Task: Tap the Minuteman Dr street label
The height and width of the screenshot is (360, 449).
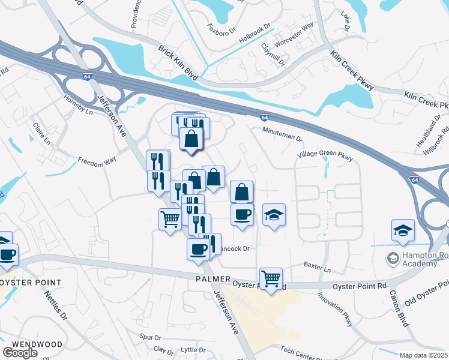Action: click(x=282, y=136)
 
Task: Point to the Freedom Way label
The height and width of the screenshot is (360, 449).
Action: click(x=96, y=160)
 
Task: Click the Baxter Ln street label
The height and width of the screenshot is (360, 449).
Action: click(x=318, y=263)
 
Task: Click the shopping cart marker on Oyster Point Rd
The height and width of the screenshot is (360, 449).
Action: click(x=271, y=278)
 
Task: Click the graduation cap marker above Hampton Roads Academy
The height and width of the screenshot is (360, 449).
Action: click(x=403, y=230)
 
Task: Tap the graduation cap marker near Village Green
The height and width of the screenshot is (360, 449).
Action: click(x=274, y=215)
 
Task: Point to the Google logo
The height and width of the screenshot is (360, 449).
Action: click(x=20, y=353)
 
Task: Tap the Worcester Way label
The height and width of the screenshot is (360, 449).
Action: click(x=294, y=35)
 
